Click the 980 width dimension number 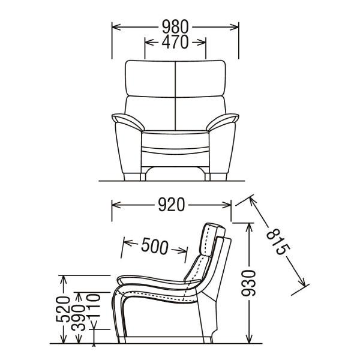[x=175, y=27]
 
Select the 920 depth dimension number [x=172, y=206]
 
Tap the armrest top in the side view [x=150, y=280]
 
